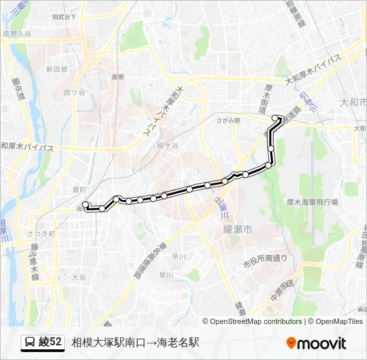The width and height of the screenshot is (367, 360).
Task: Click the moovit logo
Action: [x=316, y=343]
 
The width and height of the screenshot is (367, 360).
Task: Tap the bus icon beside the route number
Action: [x=29, y=343]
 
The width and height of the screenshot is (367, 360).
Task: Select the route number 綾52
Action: [x=51, y=343]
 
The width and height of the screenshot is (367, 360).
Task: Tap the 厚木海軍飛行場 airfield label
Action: [x=312, y=201]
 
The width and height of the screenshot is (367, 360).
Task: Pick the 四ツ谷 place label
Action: [x=74, y=92]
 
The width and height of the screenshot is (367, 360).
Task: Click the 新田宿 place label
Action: [x=57, y=69]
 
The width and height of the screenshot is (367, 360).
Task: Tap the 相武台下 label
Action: [x=64, y=16]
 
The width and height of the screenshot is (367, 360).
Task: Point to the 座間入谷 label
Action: [x=17, y=33]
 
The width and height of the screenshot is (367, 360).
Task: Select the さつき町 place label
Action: [x=41, y=233]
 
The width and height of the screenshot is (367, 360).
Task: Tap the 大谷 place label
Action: [x=79, y=275]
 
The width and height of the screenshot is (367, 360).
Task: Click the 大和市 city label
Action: [x=353, y=103]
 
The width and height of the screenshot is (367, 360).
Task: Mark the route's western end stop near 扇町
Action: [x=85, y=205]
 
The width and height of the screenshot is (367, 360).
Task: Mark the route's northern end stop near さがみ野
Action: [x=275, y=118]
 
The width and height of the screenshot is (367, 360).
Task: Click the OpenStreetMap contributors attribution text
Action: [x=256, y=321]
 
